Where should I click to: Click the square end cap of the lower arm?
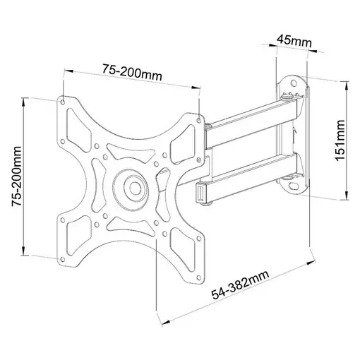point(200,191)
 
